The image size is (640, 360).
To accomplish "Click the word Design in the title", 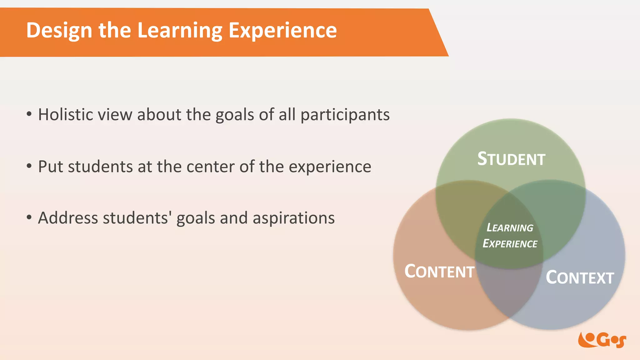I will pos(59,31).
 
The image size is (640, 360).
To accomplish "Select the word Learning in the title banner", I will pos(180,31).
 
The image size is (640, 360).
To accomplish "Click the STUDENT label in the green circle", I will pos(511,159).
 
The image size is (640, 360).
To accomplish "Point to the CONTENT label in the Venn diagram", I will pos(439,271).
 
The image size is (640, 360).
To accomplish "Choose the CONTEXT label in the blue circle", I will pos(580,277).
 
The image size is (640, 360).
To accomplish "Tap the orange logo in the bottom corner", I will pos(602,340).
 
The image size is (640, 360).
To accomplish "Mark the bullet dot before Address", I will pos(29,217).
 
